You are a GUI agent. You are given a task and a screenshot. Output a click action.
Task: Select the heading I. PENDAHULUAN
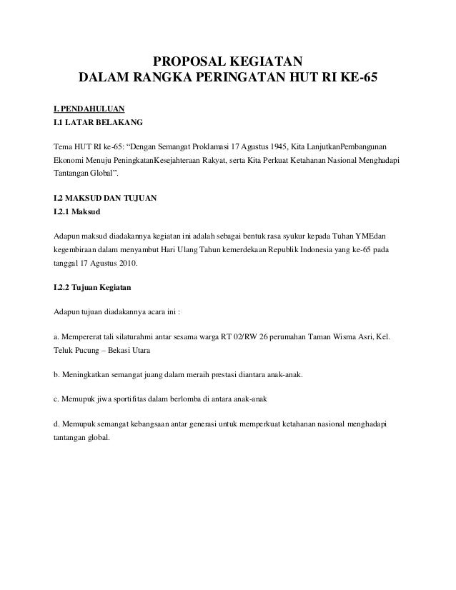pyautogui.click(x=84, y=109)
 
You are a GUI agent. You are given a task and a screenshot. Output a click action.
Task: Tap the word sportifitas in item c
pyautogui.click(x=127, y=398)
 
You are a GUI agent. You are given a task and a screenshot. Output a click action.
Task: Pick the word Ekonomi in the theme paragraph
pyautogui.click(x=61, y=161)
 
